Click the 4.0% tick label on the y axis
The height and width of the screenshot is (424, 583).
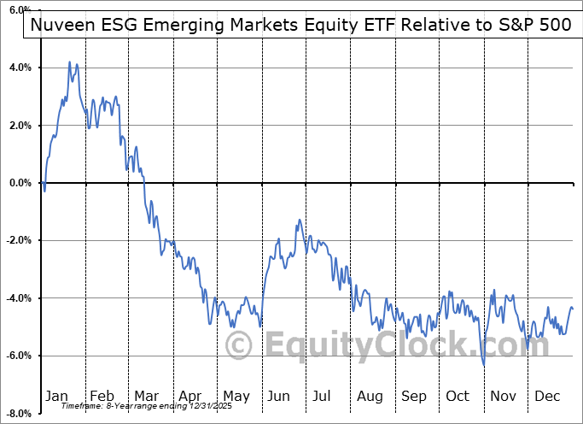(x=20, y=68)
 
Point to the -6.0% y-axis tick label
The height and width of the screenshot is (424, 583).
(x=18, y=356)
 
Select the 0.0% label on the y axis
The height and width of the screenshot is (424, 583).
(x=20, y=183)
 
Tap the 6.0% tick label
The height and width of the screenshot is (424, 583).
(x=20, y=9)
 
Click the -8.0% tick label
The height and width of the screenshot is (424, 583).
(x=18, y=414)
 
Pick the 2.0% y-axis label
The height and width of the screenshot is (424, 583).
(x=20, y=125)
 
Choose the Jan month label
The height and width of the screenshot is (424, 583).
(x=56, y=396)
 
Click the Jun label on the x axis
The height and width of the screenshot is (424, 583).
(x=279, y=396)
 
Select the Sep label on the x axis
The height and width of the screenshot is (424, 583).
(x=414, y=396)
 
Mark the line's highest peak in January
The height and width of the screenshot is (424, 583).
(x=69, y=62)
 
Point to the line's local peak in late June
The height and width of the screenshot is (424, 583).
(x=299, y=220)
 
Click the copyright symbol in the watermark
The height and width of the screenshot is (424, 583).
(x=239, y=346)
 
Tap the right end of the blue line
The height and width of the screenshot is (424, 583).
(x=572, y=309)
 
